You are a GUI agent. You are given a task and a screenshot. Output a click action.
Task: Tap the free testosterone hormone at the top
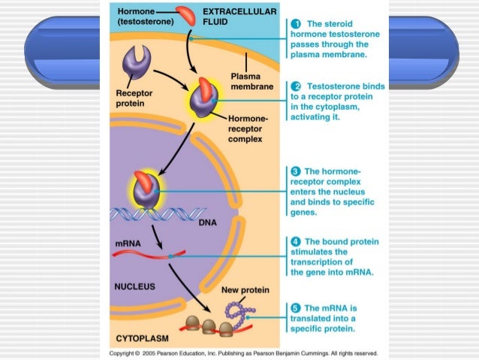coord(185,13)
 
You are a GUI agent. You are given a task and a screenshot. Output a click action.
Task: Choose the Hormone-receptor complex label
coord(247,128)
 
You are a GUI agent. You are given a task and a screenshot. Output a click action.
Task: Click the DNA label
coord(208,222)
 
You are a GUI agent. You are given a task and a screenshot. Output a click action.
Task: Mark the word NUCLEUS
coord(135,286)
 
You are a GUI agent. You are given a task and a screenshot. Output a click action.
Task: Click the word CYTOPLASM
coord(140,338)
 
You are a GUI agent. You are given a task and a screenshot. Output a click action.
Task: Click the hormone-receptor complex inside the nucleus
coord(145,189)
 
